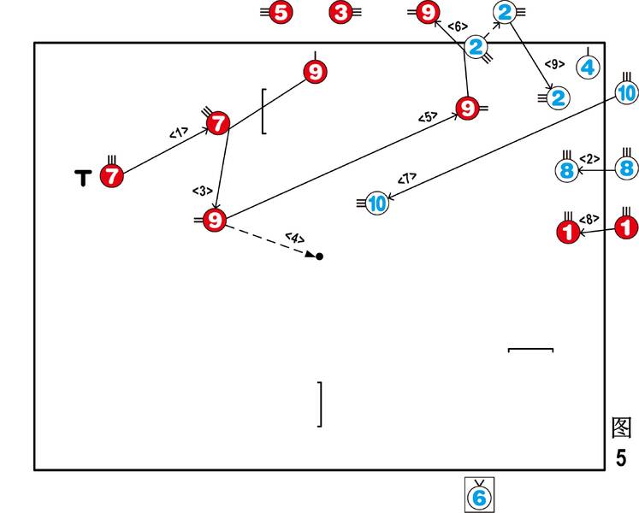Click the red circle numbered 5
(280, 13)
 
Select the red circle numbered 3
(341, 13)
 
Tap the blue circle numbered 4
(588, 67)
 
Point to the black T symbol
(83, 177)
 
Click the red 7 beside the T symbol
(111, 177)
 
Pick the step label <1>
(178, 133)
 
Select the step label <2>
(589, 158)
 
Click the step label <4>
(293, 237)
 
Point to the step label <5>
(428, 117)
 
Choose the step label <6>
(459, 27)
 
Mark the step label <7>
(407, 178)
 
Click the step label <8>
(590, 218)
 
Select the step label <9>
(555, 63)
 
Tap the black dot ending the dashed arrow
(320, 256)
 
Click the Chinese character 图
(621, 427)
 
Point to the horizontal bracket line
(530, 350)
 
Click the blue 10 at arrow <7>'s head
(377, 203)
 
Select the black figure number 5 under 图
(621, 457)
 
